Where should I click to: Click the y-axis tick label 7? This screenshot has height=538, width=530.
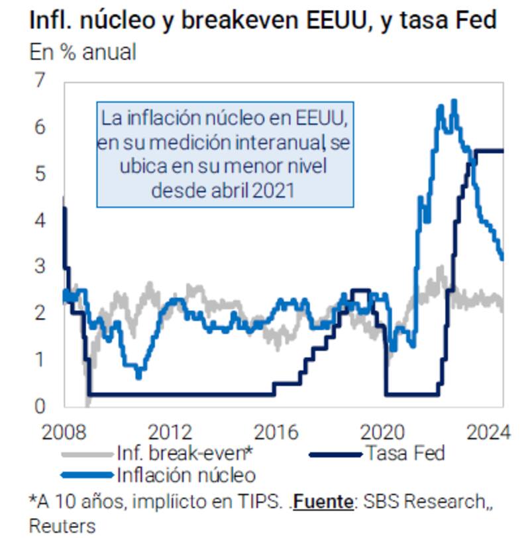point(41,81)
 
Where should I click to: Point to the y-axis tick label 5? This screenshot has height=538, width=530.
point(41,174)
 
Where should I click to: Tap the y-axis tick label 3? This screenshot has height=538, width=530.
point(41,266)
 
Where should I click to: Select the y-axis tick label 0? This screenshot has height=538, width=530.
point(41,405)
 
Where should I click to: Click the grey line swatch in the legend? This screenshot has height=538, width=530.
point(86,454)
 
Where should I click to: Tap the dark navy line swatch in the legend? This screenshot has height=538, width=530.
point(335,454)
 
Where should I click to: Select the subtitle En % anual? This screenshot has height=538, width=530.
point(82,52)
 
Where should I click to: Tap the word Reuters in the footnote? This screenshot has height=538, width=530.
point(62,525)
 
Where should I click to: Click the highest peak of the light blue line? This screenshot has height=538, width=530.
point(454,101)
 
